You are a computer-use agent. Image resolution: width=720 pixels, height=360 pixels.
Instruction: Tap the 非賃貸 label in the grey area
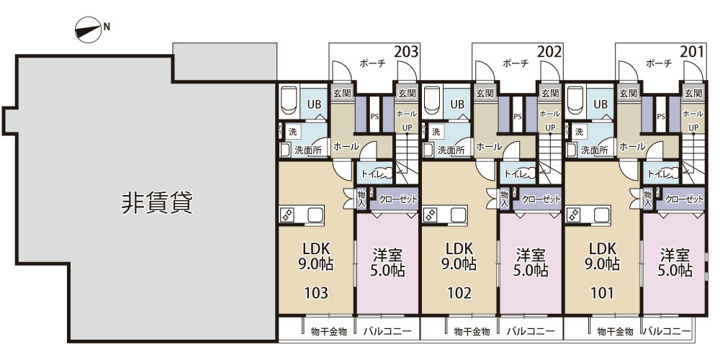coord(156,203)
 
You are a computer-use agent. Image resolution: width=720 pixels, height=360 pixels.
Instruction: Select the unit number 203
coord(406,52)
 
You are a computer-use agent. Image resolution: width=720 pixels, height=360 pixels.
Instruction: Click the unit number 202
coord(549,52)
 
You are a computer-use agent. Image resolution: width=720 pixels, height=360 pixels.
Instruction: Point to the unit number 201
coord(693,52)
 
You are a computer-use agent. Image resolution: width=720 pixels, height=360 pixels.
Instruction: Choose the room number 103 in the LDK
coord(316,293)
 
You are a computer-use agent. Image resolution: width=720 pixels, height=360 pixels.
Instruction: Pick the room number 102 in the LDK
coord(459,293)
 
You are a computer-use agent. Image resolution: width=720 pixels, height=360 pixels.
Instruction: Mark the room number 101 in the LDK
coord(603,293)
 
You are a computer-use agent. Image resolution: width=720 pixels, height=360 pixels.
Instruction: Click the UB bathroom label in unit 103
coord(315,104)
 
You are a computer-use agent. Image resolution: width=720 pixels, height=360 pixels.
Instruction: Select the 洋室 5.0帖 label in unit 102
coord(531,263)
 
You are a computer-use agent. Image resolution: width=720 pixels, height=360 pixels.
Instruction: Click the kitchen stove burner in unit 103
coord(287,215)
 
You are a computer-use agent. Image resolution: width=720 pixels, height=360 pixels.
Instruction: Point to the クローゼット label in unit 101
coord(684,199)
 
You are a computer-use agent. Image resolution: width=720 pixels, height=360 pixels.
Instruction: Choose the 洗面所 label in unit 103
coord(308,150)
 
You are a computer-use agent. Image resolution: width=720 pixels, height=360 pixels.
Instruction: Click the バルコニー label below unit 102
coord(531,331)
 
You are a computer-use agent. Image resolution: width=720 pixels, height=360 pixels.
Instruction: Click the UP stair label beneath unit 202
coord(550,128)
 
